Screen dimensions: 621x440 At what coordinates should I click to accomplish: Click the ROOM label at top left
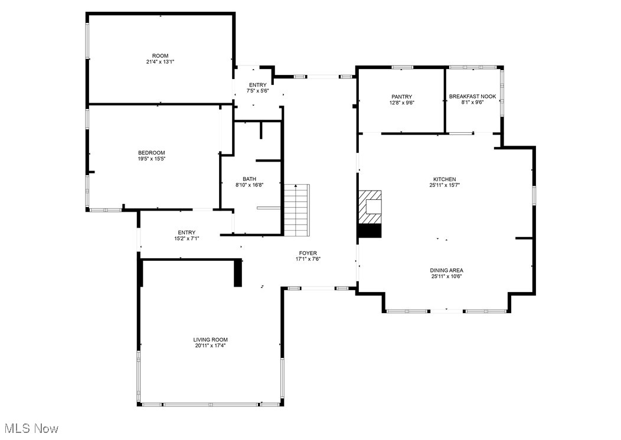(x=160, y=56)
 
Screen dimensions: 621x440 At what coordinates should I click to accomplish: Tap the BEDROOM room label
(x=151, y=153)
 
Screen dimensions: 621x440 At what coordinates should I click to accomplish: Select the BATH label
(x=250, y=179)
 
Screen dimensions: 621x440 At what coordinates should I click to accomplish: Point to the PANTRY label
(x=401, y=97)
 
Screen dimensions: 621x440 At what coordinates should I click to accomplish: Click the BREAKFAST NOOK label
(x=472, y=96)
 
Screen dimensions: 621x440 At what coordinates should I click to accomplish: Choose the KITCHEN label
(x=444, y=179)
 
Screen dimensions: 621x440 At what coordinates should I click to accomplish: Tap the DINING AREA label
(x=447, y=271)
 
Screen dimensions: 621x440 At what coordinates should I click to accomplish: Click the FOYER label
(x=308, y=253)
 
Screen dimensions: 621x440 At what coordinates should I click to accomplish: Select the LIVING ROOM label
(x=210, y=340)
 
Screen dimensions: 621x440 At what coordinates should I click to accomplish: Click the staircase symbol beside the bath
(x=297, y=210)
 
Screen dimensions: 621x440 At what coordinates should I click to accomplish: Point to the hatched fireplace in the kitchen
(x=370, y=207)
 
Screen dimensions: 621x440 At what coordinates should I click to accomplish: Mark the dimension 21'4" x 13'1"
(x=160, y=62)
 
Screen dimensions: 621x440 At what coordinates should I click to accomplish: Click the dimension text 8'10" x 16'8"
(x=250, y=185)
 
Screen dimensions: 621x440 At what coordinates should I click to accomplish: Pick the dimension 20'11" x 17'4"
(x=210, y=346)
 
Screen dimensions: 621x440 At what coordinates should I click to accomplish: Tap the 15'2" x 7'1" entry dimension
(x=187, y=238)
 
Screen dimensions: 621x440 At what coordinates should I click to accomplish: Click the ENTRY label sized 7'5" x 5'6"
(x=258, y=85)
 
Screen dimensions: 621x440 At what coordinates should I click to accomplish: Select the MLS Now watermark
(x=32, y=428)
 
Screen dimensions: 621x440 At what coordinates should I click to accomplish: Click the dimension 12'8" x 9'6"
(x=401, y=103)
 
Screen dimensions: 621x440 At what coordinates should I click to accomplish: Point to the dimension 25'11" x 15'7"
(x=444, y=185)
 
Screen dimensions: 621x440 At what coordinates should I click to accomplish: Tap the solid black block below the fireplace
(x=370, y=231)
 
